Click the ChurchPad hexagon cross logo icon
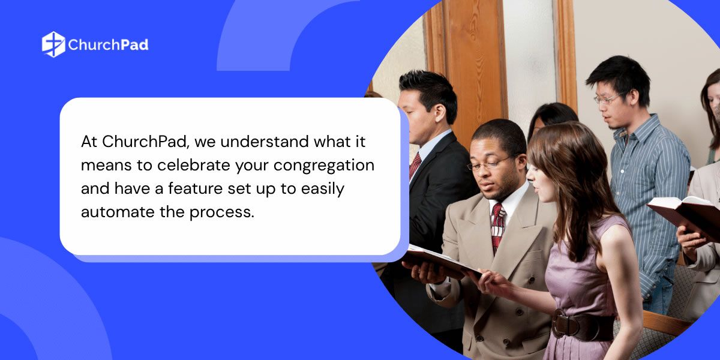coord(53,44)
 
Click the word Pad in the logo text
coord(134,44)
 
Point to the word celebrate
coord(194,165)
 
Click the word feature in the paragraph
coord(195,188)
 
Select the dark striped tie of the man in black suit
coord(415,166)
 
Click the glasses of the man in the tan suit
coord(490,163)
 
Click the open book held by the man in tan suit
coord(442,263)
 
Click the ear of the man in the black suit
coord(440,113)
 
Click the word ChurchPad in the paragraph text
coord(145,142)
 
